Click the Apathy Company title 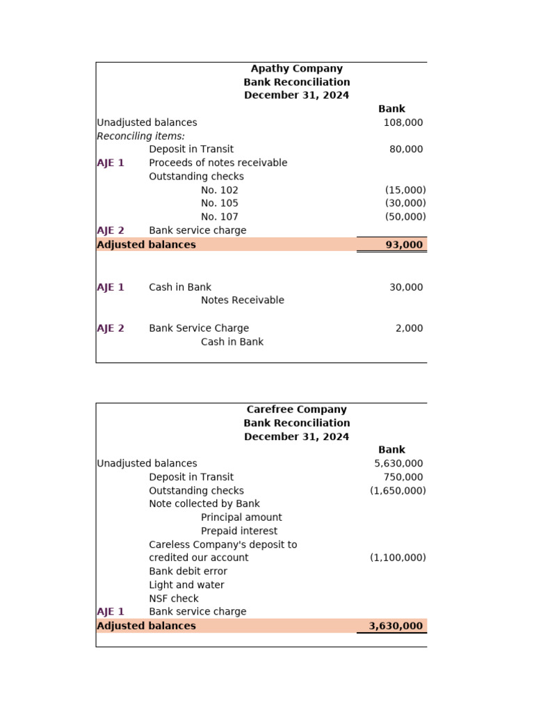(x=296, y=69)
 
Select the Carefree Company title (x=296, y=410)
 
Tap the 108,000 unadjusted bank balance (x=403, y=122)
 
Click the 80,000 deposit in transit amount (x=406, y=149)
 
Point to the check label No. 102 (x=219, y=190)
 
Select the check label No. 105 (x=219, y=203)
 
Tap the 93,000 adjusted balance (x=404, y=245)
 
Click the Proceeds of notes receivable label (x=218, y=163)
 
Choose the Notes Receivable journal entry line (x=242, y=300)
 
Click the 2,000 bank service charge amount (x=409, y=328)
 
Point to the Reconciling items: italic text (x=140, y=136)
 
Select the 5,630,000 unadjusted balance (x=398, y=464)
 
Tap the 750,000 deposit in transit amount (x=403, y=477)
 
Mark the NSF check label (x=173, y=599)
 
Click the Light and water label (x=186, y=585)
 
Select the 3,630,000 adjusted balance (x=396, y=626)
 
